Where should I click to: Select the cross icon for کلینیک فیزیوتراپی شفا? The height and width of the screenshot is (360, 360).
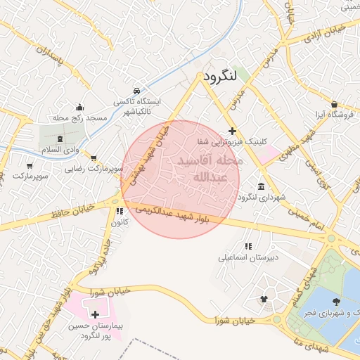coord(232,131)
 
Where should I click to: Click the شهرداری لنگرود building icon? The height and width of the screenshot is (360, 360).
coord(262,187)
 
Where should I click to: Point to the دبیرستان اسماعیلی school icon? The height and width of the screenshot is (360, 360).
coord(247,247)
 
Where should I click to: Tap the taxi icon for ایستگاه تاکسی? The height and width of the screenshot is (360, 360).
coord(136,91)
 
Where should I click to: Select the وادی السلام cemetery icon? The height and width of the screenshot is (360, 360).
coord(60,139)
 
